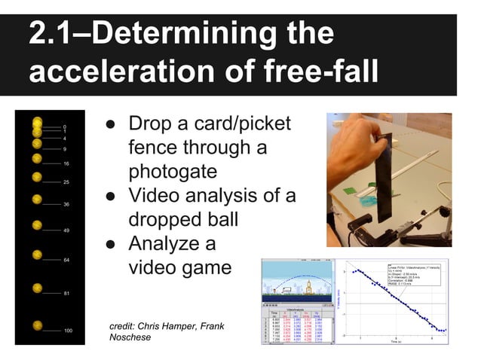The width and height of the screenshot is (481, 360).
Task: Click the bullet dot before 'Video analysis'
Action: pyautogui.click(x=110, y=197)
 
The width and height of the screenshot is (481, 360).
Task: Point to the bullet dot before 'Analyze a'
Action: pyautogui.click(x=110, y=244)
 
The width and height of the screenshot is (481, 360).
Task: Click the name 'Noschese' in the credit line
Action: pyautogui.click(x=131, y=337)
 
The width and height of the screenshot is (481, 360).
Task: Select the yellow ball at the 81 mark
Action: pyautogui.click(x=37, y=288)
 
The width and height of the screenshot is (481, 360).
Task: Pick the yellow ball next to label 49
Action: pyautogui.click(x=37, y=225)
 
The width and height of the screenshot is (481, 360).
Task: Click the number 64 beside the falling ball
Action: pyautogui.click(x=66, y=260)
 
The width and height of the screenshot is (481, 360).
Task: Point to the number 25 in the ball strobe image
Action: pyautogui.click(x=66, y=182)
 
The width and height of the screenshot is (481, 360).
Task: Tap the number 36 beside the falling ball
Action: pyautogui.click(x=66, y=205)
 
